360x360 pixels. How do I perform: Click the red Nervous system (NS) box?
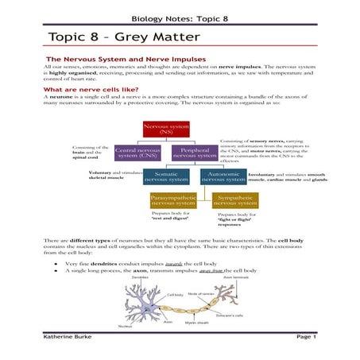pos(161,130)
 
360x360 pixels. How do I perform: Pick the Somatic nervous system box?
pos(166,176)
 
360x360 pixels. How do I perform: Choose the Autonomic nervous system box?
pos(223,176)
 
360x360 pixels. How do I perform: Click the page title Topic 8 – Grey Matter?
pos(114,37)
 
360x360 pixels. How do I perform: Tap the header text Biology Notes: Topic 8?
pos(180,17)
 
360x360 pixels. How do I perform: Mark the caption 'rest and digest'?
pos(167,219)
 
